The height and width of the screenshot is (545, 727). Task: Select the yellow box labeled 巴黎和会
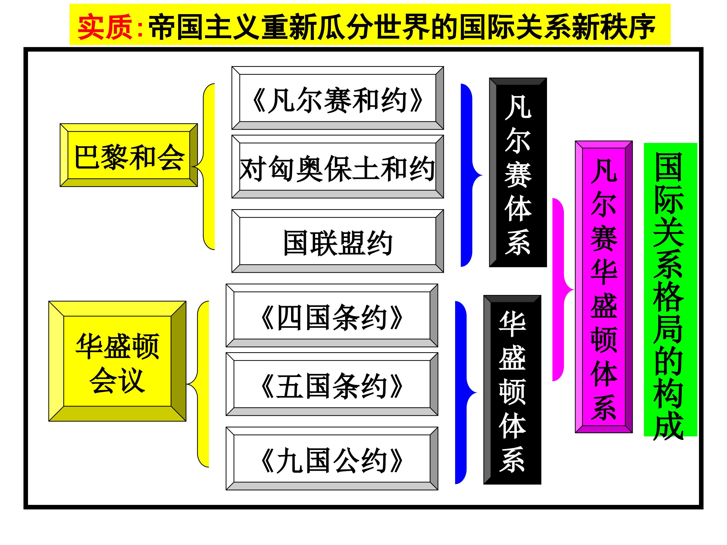coord(129,155)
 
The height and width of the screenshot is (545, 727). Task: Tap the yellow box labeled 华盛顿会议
coord(117,361)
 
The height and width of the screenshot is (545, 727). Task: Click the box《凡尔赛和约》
coord(337,98)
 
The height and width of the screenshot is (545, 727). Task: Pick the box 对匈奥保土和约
coord(337,167)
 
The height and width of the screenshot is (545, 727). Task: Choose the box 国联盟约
coord(337,241)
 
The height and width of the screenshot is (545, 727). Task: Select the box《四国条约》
coord(332,315)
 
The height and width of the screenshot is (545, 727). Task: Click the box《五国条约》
coord(332,384)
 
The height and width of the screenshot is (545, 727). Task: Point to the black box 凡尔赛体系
coord(518,173)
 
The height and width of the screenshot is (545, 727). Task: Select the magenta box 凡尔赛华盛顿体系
coord(604,287)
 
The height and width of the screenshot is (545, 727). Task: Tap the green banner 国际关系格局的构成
coord(670,290)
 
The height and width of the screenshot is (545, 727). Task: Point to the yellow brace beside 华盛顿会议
coord(198,384)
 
